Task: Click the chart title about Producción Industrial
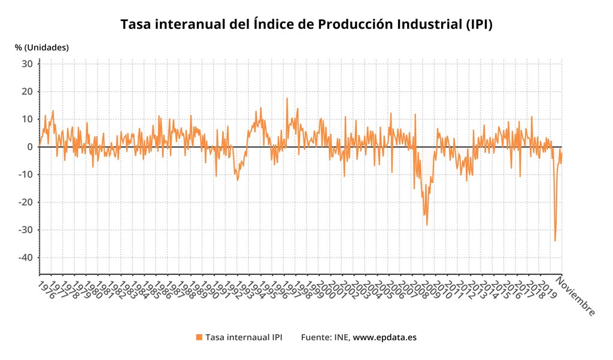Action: (306, 25)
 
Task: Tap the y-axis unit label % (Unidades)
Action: (42, 47)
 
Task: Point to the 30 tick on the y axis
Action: (27, 63)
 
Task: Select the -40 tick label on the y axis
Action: (25, 258)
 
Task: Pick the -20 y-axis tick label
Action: (25, 202)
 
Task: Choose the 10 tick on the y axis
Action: (27, 119)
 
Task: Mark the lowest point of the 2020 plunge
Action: (555, 241)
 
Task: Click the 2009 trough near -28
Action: (427, 225)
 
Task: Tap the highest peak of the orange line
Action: (287, 98)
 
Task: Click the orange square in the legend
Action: (199, 337)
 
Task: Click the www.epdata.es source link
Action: (384, 337)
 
